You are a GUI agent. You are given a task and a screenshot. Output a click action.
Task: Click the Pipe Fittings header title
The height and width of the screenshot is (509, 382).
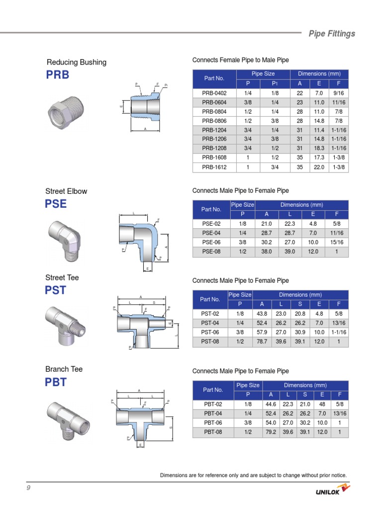(332, 34)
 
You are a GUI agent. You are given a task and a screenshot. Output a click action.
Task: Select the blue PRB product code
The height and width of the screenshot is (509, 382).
(58, 75)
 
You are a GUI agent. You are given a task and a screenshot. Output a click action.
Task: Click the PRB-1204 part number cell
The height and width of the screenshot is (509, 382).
(214, 130)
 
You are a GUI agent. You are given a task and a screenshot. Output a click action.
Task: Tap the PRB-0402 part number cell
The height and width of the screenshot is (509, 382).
(214, 93)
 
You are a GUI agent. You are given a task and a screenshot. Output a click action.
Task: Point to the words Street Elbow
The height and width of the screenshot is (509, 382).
(66, 191)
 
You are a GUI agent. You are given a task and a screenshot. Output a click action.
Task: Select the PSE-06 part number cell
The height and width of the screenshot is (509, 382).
(210, 243)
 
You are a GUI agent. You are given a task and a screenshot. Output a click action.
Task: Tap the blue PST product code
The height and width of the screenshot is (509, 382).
(56, 290)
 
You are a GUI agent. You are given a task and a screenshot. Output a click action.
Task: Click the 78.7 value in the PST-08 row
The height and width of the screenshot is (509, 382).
(263, 342)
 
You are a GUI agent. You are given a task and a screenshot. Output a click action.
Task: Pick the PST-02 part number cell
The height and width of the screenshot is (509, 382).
(210, 314)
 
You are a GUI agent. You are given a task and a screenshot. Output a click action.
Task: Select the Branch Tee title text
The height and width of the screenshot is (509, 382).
(64, 369)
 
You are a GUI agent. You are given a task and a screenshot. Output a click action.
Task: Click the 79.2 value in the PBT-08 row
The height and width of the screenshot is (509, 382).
(271, 432)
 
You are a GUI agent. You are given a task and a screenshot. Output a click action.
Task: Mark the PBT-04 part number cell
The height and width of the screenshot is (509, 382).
(212, 414)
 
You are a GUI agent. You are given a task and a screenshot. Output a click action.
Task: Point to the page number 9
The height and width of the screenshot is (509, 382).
(29, 488)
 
